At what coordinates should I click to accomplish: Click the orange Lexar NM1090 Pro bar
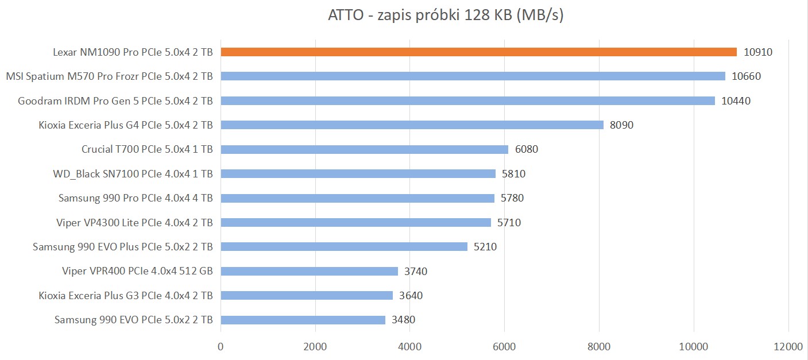click(x=478, y=52)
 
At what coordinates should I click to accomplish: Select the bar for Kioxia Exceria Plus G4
click(x=412, y=125)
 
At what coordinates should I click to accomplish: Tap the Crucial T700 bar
click(x=364, y=149)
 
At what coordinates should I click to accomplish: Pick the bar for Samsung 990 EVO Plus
click(x=343, y=247)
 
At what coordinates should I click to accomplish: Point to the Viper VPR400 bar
click(x=309, y=271)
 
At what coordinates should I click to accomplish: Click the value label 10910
click(x=758, y=52)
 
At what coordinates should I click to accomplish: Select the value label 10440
click(x=736, y=101)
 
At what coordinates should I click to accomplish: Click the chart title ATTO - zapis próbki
click(x=445, y=16)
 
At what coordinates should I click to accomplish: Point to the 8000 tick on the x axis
click(x=599, y=347)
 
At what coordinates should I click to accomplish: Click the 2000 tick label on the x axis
click(x=315, y=347)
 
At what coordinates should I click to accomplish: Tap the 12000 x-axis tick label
click(x=788, y=347)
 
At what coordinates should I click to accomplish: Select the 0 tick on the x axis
click(x=221, y=347)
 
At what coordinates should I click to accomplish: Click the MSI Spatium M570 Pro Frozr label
click(x=109, y=76)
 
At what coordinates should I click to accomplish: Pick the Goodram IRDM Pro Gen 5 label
click(x=115, y=101)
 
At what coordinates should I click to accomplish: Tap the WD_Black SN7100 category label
click(x=133, y=174)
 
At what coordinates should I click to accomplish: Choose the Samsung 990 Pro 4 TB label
click(x=136, y=198)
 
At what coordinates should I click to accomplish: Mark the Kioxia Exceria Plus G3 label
click(x=126, y=296)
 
